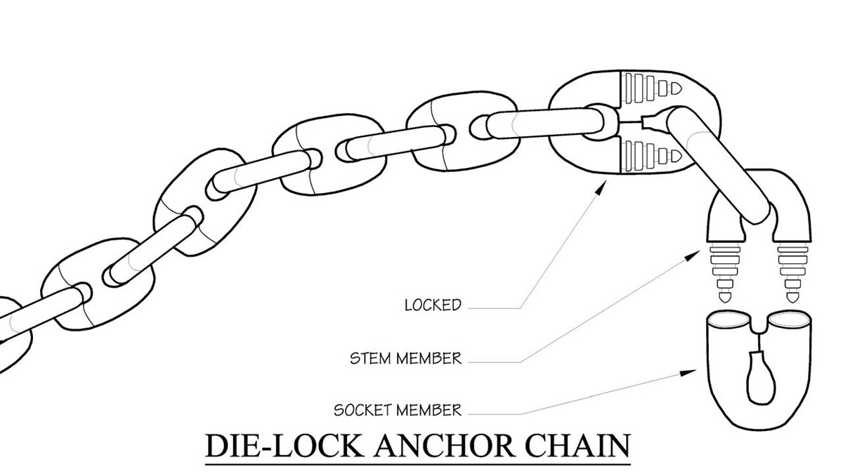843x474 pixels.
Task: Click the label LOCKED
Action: point(433,305)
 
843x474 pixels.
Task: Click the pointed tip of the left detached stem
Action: point(722,298)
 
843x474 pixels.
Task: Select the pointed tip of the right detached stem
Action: point(793,298)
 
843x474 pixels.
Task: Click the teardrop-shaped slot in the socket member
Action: point(759,379)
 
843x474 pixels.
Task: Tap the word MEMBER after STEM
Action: point(430,359)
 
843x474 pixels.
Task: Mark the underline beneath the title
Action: point(417,462)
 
